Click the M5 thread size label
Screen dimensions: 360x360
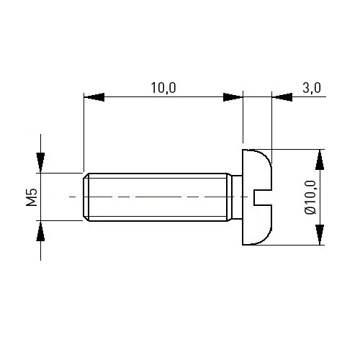(x=32, y=197)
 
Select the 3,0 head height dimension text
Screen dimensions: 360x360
(x=312, y=88)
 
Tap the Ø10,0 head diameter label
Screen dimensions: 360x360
(x=310, y=197)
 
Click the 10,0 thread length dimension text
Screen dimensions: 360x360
(x=163, y=88)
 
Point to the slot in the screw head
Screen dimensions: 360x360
(x=263, y=197)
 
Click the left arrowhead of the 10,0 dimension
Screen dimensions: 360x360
(x=94, y=97)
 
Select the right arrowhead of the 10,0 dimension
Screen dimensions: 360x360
(x=233, y=97)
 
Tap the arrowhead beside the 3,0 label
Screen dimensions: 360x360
(x=282, y=97)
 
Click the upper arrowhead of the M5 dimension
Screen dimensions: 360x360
(x=40, y=163)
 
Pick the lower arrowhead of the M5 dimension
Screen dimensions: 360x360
(x=40, y=231)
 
